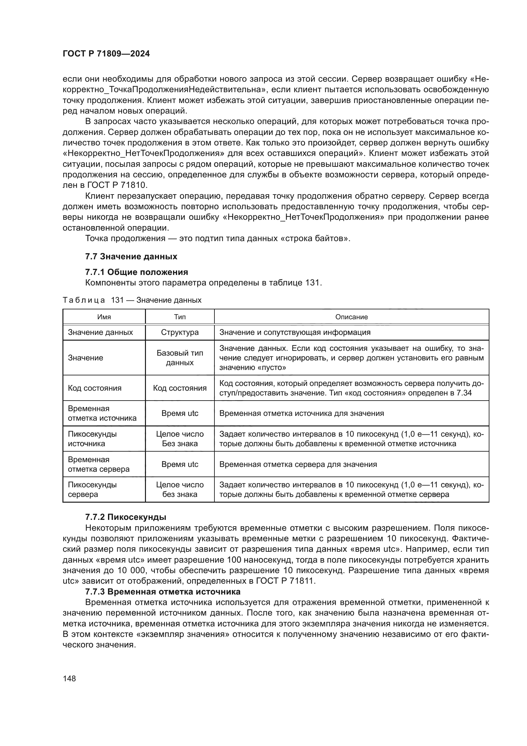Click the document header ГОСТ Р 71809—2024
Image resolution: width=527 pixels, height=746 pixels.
106,54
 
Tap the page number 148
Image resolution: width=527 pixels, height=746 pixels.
69,678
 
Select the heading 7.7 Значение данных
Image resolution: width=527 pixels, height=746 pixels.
131,256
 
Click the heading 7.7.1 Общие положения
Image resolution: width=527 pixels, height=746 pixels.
136,272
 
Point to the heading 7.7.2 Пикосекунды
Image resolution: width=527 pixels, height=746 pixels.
126,517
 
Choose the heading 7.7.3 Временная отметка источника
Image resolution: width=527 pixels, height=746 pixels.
162,591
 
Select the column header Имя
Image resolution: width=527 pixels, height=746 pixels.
104,317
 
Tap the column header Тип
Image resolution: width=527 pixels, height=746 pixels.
180,317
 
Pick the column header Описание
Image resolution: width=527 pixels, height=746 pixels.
351,317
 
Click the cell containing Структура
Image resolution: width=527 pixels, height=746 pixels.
180,332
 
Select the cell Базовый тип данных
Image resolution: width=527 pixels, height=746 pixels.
180,358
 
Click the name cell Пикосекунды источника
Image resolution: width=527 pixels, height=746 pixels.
92,439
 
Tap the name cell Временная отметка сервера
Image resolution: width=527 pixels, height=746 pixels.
98,464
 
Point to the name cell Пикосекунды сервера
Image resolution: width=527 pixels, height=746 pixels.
92,489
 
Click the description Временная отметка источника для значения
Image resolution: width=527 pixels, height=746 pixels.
301,413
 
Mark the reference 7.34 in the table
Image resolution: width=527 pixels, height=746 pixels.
464,393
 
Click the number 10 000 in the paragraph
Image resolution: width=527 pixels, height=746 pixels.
129,570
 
